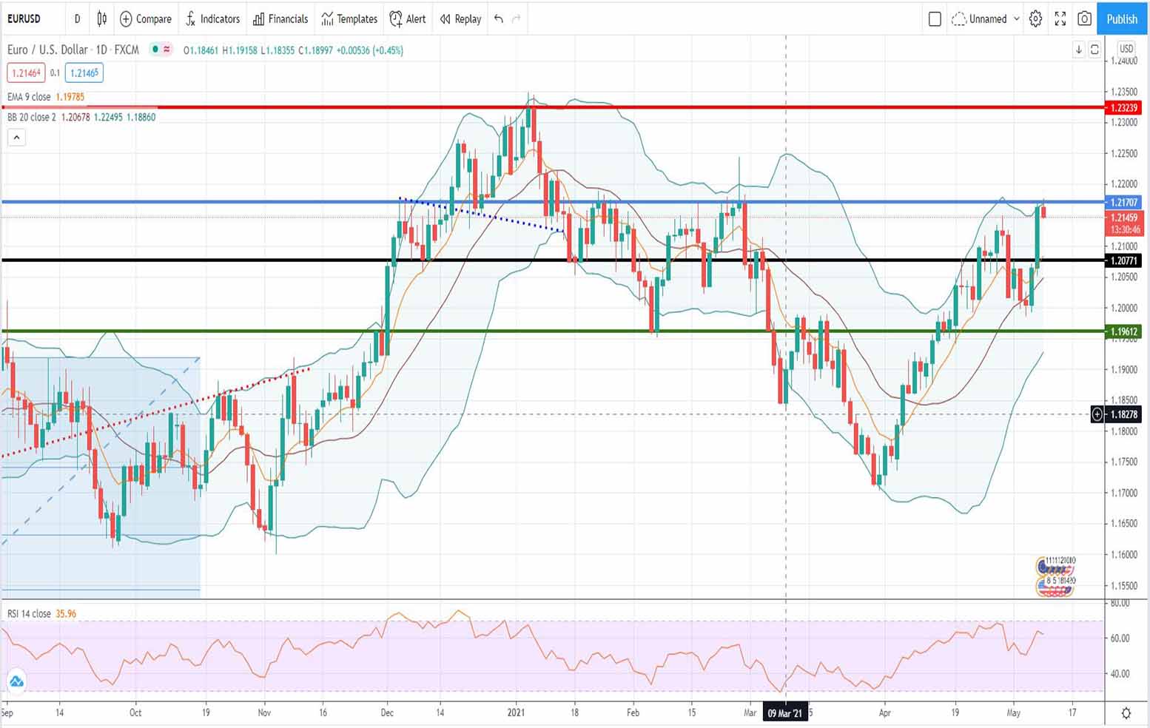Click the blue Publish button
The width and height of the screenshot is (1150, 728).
[x=1122, y=19]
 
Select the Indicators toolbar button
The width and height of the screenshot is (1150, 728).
[x=213, y=19]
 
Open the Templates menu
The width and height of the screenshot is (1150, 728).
[x=349, y=19]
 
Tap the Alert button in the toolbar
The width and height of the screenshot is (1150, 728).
[x=408, y=19]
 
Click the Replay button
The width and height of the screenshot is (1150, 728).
[x=460, y=19]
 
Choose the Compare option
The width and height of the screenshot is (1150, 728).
[x=146, y=19]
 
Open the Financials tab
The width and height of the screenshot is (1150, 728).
[x=280, y=19]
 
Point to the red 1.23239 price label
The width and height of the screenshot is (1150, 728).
[x=1123, y=108]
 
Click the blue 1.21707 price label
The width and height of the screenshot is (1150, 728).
[x=1123, y=202]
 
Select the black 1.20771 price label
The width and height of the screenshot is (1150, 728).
[x=1123, y=260]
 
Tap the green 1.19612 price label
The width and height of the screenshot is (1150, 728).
[x=1123, y=331]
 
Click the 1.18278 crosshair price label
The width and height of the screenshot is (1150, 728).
[x=1123, y=414]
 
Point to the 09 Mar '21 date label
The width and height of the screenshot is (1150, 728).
[x=784, y=713]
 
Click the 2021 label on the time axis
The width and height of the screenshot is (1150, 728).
[x=516, y=713]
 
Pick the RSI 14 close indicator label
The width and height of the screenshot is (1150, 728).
[x=30, y=614]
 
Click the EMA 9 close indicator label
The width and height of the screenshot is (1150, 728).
[x=30, y=97]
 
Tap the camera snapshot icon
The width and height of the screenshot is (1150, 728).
[x=1084, y=19]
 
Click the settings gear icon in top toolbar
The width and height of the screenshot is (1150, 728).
[x=1035, y=19]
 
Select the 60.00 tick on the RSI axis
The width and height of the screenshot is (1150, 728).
[x=1120, y=638]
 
